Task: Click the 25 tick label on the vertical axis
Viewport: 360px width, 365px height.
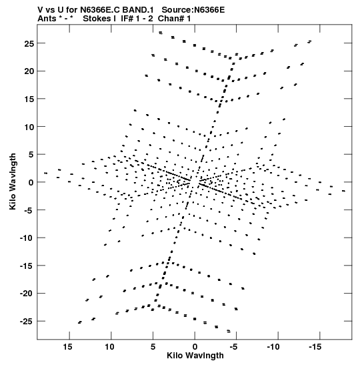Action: (29, 43)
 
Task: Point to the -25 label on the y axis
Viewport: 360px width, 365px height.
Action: (27, 322)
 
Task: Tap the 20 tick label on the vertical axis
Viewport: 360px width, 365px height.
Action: (29, 71)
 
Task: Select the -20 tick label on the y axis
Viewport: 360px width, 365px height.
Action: (27, 294)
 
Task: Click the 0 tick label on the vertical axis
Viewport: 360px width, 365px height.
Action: (31, 183)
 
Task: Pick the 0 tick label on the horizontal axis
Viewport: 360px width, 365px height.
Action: (195, 347)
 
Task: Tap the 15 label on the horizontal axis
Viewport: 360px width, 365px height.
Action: (69, 347)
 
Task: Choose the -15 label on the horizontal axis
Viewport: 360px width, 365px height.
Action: (315, 347)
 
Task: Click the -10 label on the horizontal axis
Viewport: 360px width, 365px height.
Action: (273, 347)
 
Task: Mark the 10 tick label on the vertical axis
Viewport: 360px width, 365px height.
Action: (29, 127)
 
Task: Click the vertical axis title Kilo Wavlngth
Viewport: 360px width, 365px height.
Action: (13, 181)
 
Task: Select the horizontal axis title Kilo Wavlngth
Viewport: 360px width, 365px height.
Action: (195, 356)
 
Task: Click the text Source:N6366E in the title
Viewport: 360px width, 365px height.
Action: (193, 10)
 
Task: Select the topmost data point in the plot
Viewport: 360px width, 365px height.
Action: (161, 33)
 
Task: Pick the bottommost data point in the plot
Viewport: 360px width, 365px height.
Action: (229, 331)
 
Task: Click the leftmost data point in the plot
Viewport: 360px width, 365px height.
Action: (45, 173)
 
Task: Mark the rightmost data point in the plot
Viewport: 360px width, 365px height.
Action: (343, 191)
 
